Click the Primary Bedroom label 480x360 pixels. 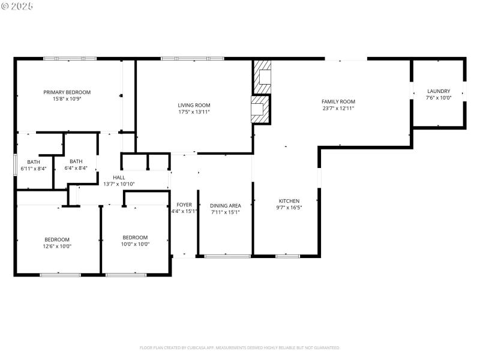coord(67,92)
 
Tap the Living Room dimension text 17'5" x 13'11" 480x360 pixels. coord(194,112)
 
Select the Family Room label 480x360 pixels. coord(338,102)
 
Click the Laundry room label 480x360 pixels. coord(438,91)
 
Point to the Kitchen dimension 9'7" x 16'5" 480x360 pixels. coord(289,208)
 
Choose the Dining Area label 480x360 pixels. coord(226,205)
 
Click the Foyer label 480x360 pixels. coord(184,205)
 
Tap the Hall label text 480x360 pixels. coord(119,178)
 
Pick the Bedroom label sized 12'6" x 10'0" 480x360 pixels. coord(57,239)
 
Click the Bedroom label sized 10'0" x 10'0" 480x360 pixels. coord(135,237)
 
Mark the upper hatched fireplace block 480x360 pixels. coord(262,76)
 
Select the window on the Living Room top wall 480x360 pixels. coord(192,58)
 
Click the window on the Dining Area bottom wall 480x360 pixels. coord(227,256)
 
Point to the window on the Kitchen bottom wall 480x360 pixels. coord(287,256)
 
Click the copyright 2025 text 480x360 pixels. coord(17,6)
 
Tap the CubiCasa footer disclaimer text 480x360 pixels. coord(240,347)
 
